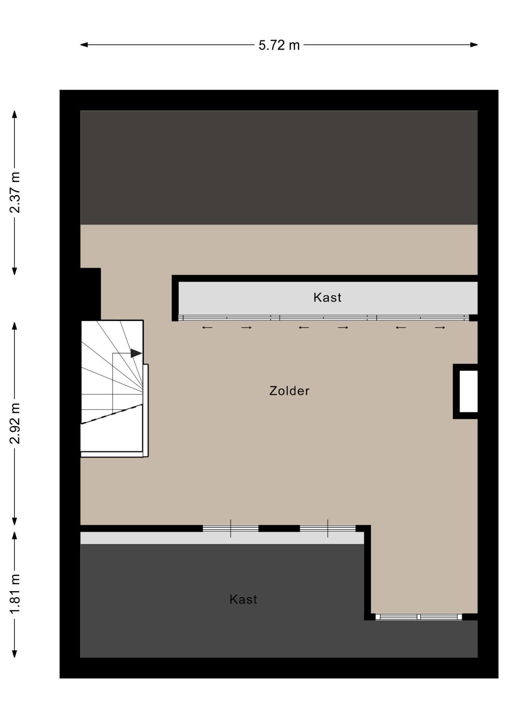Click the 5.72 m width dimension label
pos(279,45)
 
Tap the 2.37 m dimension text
pos(15,193)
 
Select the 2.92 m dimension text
pos(15,423)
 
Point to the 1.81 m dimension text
pos(15,594)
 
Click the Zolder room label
pos(289,391)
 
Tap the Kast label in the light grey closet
pos(327,297)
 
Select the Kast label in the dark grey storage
pos(243,599)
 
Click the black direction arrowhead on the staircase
pos(136,353)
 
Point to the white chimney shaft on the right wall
pos(468,391)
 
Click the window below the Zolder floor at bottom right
pos(419,617)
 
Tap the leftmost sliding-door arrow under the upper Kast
pos(207,328)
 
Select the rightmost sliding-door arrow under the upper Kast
pos(440,328)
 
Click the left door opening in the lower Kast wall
pos(230,528)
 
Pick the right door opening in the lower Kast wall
pos(328,528)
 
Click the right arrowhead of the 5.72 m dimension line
pos(474,45)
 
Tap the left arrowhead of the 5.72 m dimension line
pos(84,45)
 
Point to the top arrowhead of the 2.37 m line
pos(15,114)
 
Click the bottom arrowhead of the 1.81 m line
pos(15,653)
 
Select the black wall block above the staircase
pos(91,294)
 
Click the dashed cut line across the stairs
pos(112,414)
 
